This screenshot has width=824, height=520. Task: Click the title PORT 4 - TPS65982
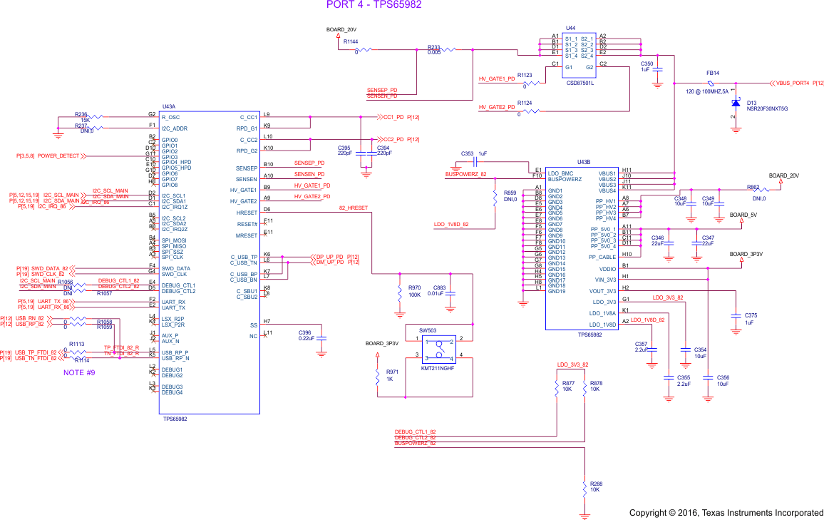pos(374,5)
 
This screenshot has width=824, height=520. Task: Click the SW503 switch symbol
pos(438,348)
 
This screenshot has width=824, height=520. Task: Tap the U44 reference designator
pos(570,28)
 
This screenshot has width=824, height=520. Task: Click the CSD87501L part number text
pos(580,83)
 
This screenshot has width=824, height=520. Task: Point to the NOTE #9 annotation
pos(79,372)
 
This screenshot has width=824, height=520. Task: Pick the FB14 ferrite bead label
pos(712,73)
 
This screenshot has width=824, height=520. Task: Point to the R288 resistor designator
pos(596,484)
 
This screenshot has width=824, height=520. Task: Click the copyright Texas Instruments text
pos(726,513)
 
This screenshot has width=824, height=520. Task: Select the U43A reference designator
pos(169,106)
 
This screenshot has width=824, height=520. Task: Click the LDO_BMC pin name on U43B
pos(561,173)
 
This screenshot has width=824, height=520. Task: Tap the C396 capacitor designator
pos(305,332)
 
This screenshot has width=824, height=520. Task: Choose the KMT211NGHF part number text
pos(438,368)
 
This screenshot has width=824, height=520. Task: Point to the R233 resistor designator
pos(433,46)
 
